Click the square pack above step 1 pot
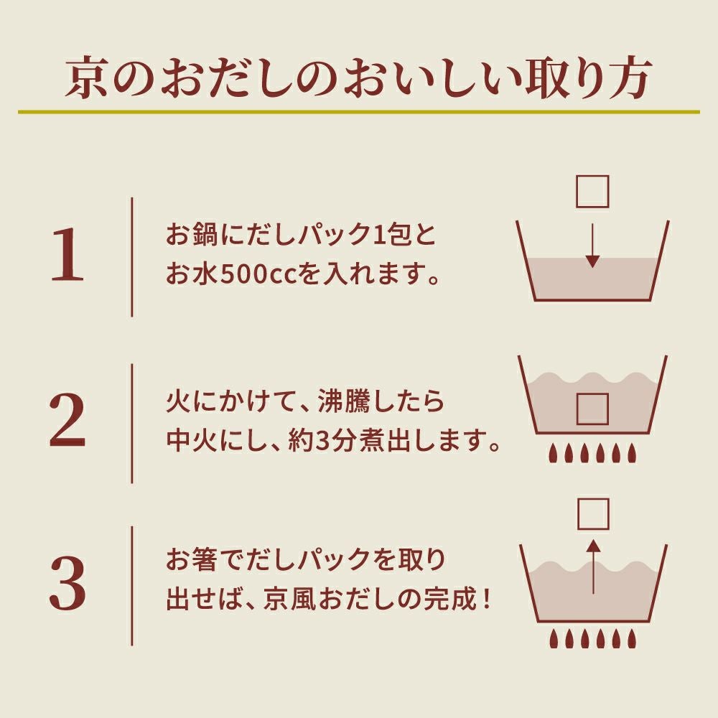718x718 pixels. tap(592, 191)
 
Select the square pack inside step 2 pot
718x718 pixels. tap(593, 409)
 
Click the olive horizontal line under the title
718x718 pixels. tap(359, 112)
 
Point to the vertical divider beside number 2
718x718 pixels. tap(132, 423)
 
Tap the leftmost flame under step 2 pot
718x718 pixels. tap(554, 453)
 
